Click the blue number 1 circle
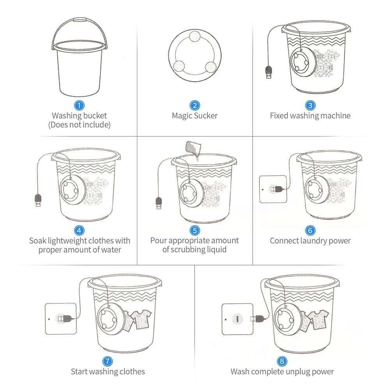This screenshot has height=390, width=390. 80,105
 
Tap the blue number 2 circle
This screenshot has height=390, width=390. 195,105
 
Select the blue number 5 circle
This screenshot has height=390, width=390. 195,231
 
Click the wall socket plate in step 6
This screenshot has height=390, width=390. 273,189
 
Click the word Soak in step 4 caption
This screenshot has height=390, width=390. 38,241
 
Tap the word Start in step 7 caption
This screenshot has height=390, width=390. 79,371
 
